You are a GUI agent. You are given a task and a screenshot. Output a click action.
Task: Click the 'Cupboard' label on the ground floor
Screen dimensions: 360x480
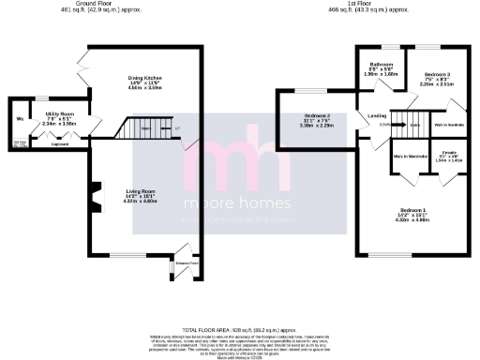pyautogui.click(x=59, y=144)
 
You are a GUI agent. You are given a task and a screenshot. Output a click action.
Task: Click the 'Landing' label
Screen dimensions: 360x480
pyautogui.click(x=378, y=115)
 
